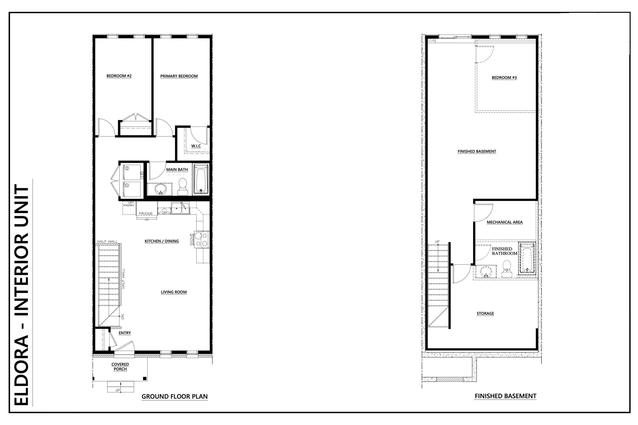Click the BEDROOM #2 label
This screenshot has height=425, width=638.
pos(119,76)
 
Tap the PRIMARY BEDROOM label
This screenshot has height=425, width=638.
pos(179,76)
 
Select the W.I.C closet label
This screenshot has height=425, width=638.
pos(196,146)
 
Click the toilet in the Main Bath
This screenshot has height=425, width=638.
pos(183,186)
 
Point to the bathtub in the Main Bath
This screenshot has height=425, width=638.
pos(201,179)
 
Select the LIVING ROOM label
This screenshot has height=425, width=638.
pos(174,292)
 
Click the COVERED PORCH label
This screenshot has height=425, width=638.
pos(120,367)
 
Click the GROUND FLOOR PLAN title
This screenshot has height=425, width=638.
pos(175,396)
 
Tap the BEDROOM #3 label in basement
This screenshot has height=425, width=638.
pos(504,78)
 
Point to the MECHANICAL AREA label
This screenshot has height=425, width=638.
pos(504,222)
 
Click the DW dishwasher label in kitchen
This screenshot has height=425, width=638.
pos(164,212)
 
